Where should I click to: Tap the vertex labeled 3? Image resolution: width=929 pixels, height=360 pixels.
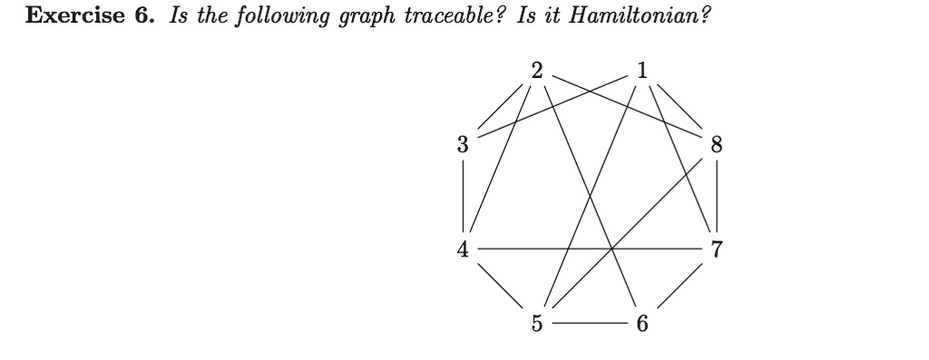tap(463, 144)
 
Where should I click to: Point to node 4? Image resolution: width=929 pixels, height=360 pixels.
tap(463, 249)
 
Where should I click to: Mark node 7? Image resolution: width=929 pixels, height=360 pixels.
tap(717, 249)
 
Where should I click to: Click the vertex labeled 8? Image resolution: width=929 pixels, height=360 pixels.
tap(717, 144)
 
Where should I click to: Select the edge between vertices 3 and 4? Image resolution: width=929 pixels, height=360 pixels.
tap(463, 197)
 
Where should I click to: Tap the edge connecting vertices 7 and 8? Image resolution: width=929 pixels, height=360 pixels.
tap(717, 197)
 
